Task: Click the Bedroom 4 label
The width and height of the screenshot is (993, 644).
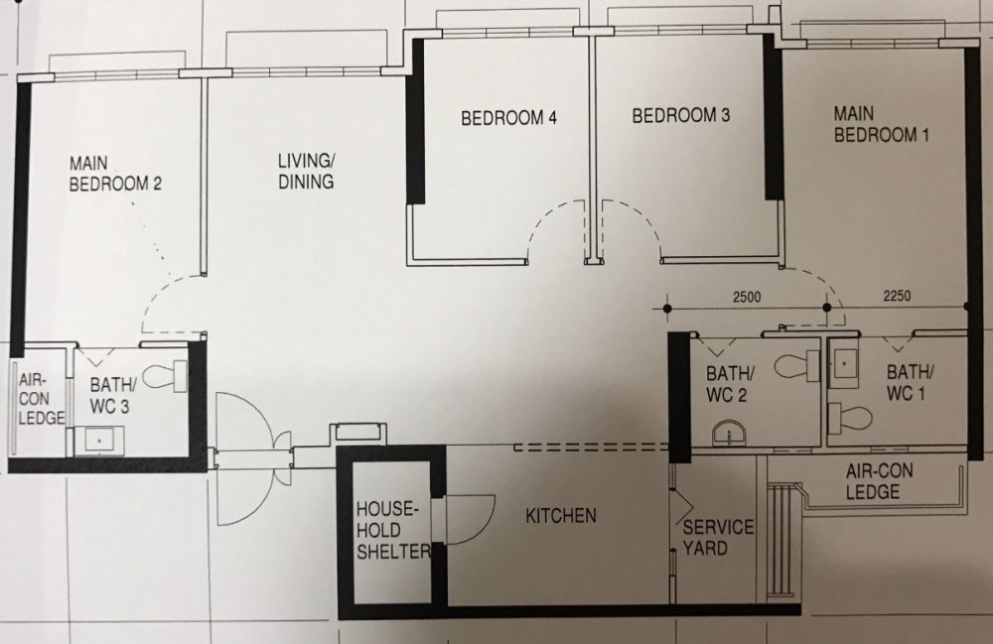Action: tap(508, 118)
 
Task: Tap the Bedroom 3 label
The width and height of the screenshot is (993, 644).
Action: tap(681, 115)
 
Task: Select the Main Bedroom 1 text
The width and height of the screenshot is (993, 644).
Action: tap(881, 124)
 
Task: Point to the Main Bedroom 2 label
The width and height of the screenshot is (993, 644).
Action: tap(115, 174)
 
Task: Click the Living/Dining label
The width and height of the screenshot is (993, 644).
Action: tap(306, 171)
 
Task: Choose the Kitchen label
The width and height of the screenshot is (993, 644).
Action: tap(561, 516)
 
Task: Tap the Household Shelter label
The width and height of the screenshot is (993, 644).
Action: tap(392, 530)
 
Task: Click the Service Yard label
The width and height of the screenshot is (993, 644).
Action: tap(718, 537)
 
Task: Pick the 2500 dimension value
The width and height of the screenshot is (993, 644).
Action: tap(747, 297)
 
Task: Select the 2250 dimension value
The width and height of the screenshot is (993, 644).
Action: tap(897, 296)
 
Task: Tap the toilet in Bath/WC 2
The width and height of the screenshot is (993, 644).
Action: tap(797, 366)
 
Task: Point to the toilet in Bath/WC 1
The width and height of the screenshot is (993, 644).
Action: tap(850, 418)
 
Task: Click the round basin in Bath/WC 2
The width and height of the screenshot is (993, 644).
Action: tap(730, 436)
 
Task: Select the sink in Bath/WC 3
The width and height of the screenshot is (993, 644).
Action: tap(98, 440)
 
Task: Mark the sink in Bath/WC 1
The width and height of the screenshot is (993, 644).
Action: tap(843, 364)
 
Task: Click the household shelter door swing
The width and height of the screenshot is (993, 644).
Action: tap(470, 519)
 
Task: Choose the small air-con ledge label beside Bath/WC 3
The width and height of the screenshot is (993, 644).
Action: tap(41, 399)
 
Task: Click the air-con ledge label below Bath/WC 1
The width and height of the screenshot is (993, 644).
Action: tap(879, 481)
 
